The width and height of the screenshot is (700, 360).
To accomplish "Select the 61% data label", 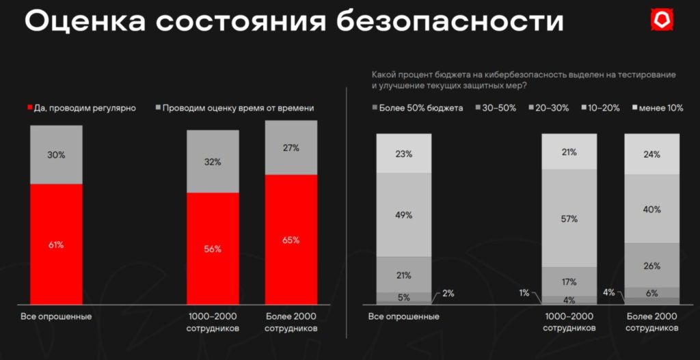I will pos(56,245).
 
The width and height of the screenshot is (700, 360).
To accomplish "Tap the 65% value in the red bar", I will pos(291,240).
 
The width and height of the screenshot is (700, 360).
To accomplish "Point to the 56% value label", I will pos(213,249).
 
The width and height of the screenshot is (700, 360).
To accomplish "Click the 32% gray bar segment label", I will pos(213,162).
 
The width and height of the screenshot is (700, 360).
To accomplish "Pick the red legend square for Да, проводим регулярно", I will pos(29,108).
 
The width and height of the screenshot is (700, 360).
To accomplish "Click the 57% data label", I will pos(569,219).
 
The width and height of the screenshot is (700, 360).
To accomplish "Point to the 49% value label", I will pos(403,215).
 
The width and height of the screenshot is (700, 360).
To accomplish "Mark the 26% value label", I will pos(651,265).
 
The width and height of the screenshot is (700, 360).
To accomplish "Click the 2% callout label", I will pos(448,294).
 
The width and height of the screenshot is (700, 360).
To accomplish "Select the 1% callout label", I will pos(524,293).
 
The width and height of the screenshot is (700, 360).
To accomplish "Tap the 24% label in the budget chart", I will pos(651,154).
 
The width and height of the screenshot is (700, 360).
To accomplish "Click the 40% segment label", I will pos(651,209).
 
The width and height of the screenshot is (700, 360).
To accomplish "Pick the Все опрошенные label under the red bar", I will pos(56,317).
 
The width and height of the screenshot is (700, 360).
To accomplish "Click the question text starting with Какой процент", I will pos(523,79).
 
